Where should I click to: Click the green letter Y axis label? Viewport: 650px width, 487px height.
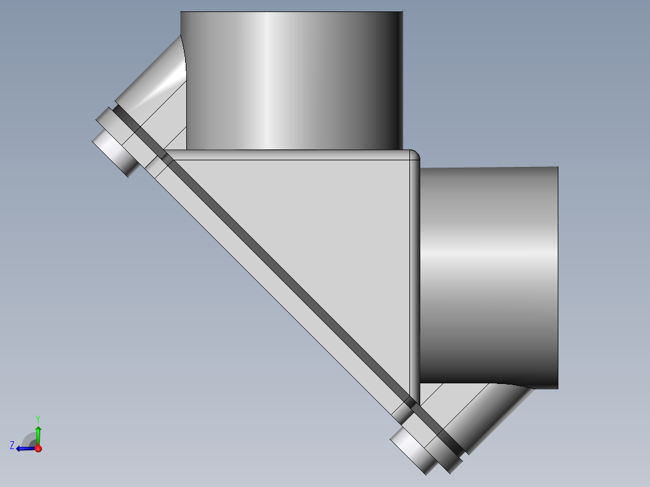tap(37, 418)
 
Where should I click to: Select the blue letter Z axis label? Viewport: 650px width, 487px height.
tap(12, 445)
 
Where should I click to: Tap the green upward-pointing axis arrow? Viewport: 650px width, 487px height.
tap(38, 433)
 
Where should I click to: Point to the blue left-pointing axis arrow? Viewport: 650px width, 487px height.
tap(24, 448)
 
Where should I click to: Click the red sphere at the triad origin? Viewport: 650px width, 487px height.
tap(38, 448)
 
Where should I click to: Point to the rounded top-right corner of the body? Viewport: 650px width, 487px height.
tap(414, 156)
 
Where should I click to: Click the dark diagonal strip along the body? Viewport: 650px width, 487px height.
tap(289, 283)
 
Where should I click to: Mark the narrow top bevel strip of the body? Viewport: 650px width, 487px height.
tap(289, 156)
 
